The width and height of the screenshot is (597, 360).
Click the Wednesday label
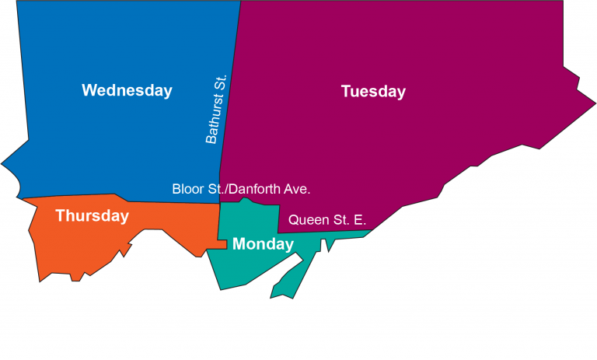(127, 90)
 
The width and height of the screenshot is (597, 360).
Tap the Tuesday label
(373, 92)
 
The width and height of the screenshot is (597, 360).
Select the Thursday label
(92, 216)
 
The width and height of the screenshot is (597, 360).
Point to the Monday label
(263, 244)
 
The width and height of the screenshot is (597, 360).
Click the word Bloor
(188, 189)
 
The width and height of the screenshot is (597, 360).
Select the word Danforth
(257, 189)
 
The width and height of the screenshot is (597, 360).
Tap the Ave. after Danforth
(298, 189)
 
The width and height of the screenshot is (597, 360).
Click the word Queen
(309, 220)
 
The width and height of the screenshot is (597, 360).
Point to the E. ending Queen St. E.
(360, 220)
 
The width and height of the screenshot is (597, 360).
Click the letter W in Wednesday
(90, 90)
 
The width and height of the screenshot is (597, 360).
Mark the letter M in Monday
(239, 244)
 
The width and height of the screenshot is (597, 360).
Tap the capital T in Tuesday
(346, 92)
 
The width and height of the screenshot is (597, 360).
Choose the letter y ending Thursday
(124, 218)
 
